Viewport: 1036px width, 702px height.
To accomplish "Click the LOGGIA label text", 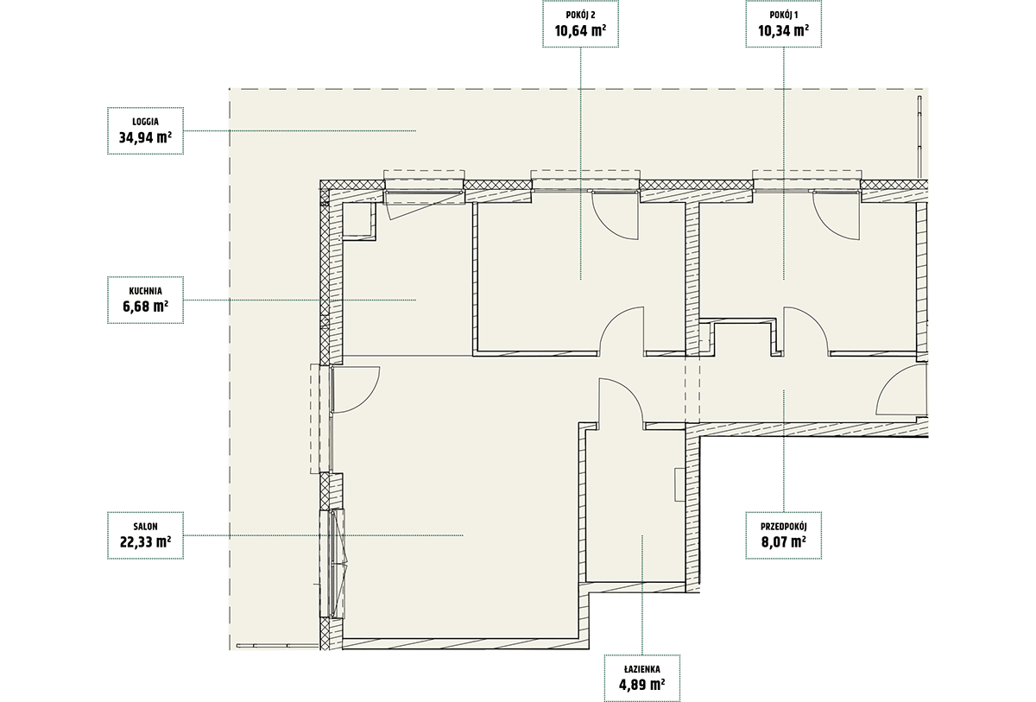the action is (x=145, y=122).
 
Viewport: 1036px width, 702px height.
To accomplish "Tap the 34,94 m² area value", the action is (x=145, y=137).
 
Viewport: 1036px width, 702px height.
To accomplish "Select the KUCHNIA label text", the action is (x=145, y=291).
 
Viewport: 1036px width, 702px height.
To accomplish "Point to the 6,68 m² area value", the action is (x=145, y=307).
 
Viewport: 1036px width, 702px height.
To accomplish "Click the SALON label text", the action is (x=145, y=526).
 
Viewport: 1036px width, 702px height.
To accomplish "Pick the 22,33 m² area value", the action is (x=145, y=541).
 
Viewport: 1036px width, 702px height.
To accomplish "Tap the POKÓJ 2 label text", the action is (x=580, y=16).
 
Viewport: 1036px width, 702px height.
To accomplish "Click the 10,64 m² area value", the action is (x=580, y=30).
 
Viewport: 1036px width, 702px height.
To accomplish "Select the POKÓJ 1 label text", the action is (x=784, y=16).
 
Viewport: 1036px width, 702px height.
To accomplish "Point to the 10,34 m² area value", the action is (x=784, y=30).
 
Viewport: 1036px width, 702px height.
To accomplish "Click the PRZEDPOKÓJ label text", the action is (x=784, y=526).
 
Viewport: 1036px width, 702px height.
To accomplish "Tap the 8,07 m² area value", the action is (x=784, y=541).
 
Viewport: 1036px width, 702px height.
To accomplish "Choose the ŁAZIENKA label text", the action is (x=642, y=669).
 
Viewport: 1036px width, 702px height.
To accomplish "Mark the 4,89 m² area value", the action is (x=642, y=685).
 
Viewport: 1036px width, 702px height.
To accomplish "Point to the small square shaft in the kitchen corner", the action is (x=358, y=220).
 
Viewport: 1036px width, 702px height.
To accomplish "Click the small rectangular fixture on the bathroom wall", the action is (x=679, y=484).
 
